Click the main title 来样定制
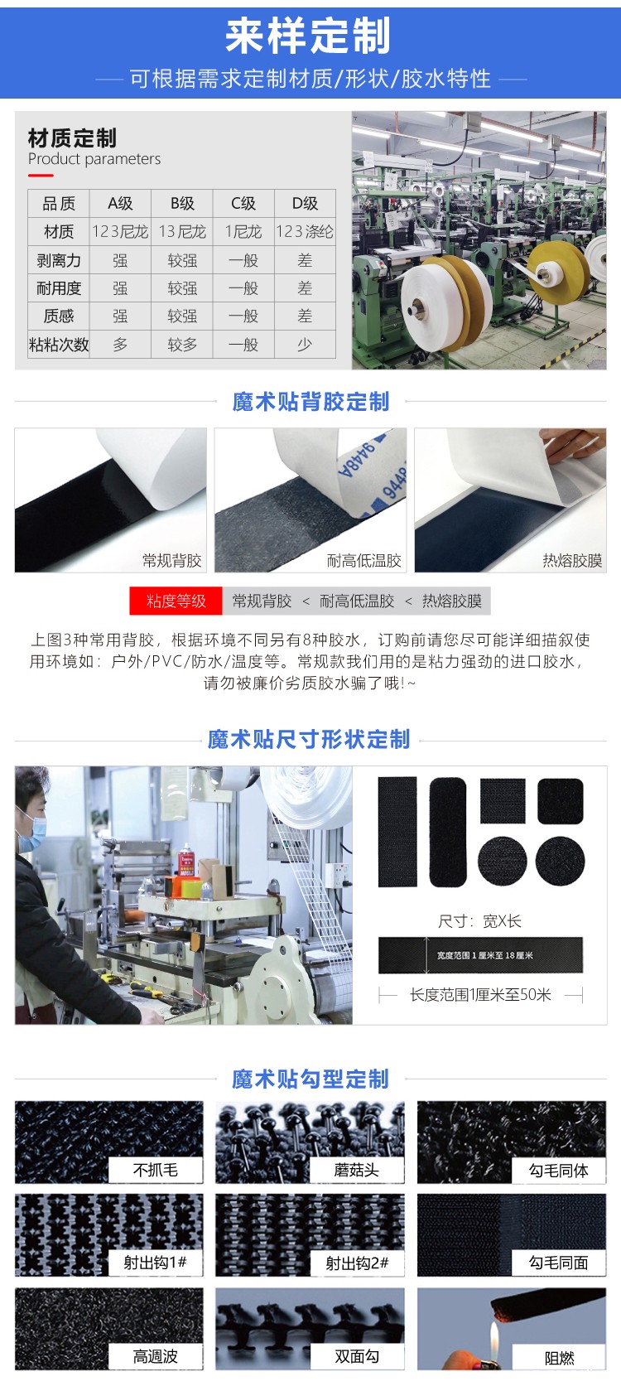point(307,36)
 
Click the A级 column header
point(120,203)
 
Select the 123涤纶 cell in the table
point(305,231)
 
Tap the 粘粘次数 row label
point(59,344)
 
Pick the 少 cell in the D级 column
point(305,344)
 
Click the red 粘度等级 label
point(176,601)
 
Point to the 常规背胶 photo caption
point(172,561)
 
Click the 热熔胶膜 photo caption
point(572,561)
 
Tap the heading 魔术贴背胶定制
point(310,402)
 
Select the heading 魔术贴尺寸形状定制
point(309,740)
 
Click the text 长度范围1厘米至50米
point(480,995)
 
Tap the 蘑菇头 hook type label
point(356,1170)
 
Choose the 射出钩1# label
point(156,1263)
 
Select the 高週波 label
point(156,1356)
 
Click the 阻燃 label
point(560,1358)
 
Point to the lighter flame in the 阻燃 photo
point(494,1336)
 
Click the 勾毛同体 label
point(559,1170)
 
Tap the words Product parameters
point(94,159)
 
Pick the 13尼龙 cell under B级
point(182,231)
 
